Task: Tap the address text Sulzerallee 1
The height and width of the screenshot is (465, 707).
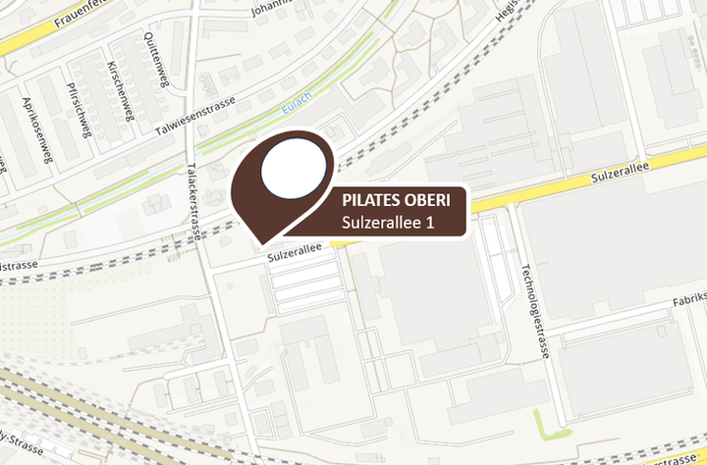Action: [388, 224]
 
